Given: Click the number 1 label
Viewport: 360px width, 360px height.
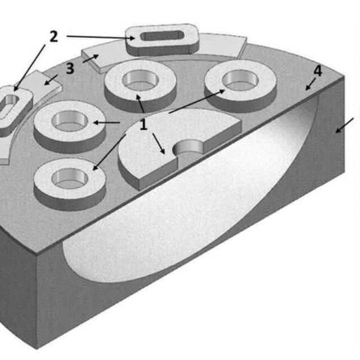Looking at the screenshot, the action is (144, 124).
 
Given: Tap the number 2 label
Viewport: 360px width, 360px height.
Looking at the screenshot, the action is (54, 36).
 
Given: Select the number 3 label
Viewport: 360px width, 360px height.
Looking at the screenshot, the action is (70, 68).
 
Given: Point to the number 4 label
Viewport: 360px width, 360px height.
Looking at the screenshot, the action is (318, 70).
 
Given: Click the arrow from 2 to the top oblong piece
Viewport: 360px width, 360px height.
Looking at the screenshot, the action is (101, 37).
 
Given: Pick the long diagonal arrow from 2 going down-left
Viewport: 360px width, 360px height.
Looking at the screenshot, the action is (30, 68).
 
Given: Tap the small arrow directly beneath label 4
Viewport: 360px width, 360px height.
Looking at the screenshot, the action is (310, 84).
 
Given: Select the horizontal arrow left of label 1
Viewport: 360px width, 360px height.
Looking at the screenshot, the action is (107, 122).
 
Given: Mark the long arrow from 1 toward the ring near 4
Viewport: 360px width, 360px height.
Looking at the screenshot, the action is (197, 101).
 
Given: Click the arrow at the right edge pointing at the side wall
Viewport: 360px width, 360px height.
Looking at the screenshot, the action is (344, 126).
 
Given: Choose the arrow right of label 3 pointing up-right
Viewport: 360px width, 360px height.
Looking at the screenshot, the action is (91, 58).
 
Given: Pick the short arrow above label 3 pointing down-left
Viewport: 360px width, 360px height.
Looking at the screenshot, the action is (51, 80).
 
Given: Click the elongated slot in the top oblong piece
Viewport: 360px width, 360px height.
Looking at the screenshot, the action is (162, 36).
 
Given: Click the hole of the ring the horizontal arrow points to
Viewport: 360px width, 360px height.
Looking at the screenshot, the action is (70, 121).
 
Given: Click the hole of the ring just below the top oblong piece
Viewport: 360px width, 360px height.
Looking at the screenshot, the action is (140, 80).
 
